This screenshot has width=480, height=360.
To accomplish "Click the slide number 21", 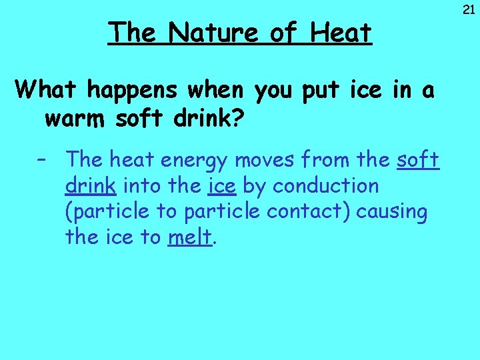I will [468, 9].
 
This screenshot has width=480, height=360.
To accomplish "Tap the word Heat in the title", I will [339, 32].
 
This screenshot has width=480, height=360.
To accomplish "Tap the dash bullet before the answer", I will [42, 160].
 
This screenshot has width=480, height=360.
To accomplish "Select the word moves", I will [264, 160].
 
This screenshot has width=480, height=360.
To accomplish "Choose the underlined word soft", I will [418, 160].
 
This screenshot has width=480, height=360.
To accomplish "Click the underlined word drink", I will [89, 186].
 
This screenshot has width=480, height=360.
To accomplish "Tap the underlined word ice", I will [221, 186].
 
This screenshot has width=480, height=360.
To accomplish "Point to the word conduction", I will [326, 186].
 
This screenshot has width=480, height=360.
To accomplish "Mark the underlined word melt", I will [190, 237].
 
